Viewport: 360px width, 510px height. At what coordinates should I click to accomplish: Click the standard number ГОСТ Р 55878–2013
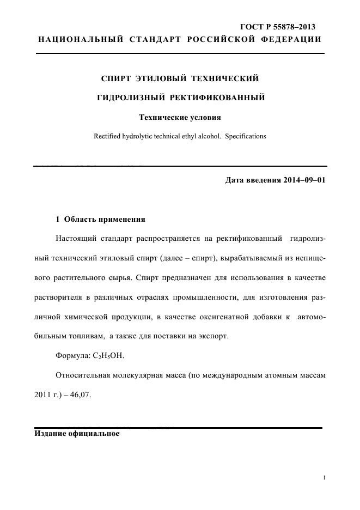click(278, 27)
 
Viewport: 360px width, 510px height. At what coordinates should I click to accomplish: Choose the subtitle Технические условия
click(180, 117)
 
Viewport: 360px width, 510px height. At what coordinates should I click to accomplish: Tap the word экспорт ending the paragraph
click(213, 336)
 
